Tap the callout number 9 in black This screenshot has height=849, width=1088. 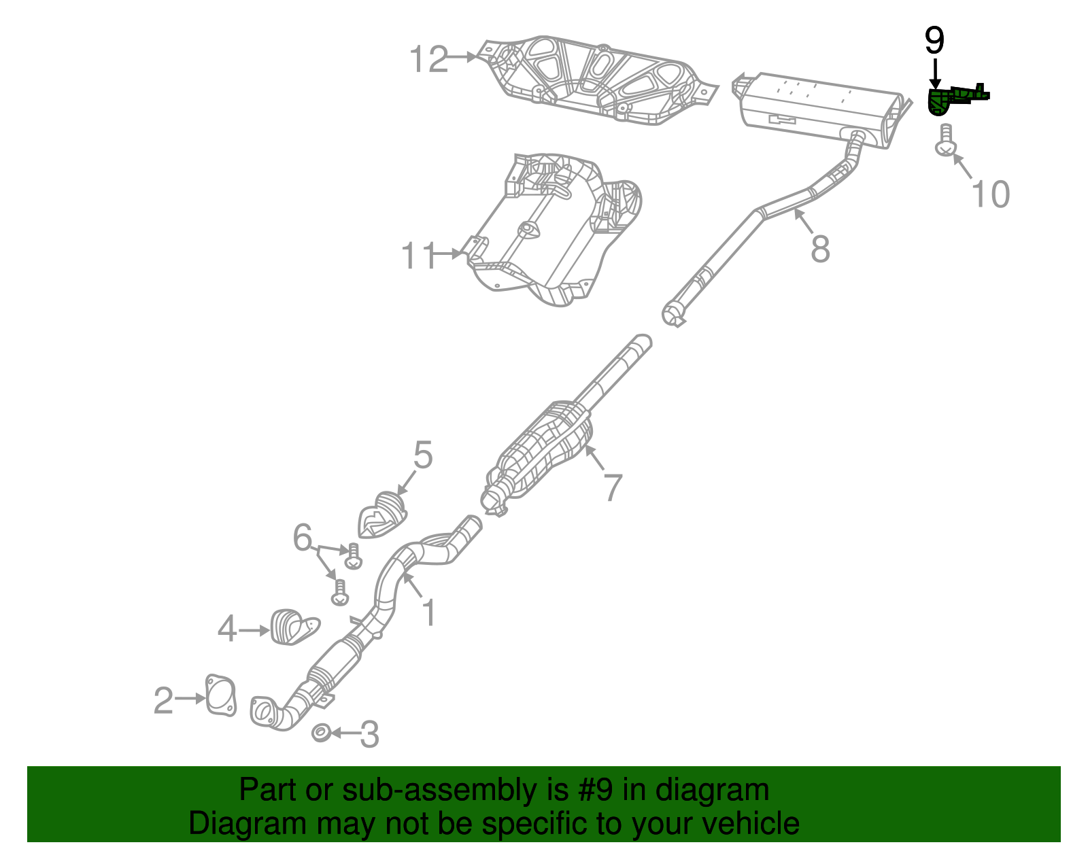(x=934, y=41)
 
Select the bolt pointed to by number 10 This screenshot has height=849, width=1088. (x=945, y=141)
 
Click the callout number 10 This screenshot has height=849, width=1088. (x=990, y=194)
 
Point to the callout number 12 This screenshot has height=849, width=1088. (x=429, y=59)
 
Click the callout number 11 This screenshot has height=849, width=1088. (x=418, y=256)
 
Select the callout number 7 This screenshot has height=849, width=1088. (x=613, y=487)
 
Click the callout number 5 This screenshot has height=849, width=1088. (x=422, y=455)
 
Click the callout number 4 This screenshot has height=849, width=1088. (x=227, y=629)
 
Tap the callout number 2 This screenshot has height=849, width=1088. (x=163, y=701)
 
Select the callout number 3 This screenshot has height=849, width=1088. (x=369, y=734)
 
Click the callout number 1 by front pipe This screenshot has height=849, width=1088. (x=428, y=612)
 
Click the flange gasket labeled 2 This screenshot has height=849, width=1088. (x=220, y=695)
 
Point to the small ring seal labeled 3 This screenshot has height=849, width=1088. (x=321, y=733)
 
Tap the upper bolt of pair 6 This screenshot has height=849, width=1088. (x=353, y=556)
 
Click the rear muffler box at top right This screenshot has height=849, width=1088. (x=816, y=109)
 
